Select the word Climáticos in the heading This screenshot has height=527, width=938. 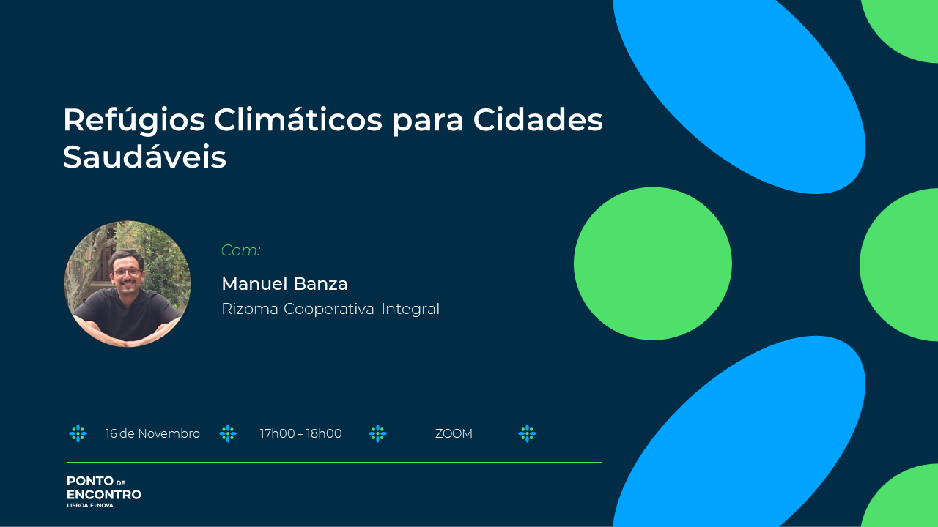pyautogui.click(x=298, y=119)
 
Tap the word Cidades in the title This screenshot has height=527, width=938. pyautogui.click(x=538, y=120)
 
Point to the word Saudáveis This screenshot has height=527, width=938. pyautogui.click(x=144, y=157)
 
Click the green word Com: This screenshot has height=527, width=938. pyautogui.click(x=241, y=250)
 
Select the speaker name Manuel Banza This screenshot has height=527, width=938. pyautogui.click(x=285, y=284)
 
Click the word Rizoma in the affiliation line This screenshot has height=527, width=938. pyautogui.click(x=250, y=309)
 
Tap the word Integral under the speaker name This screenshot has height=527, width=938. pyautogui.click(x=410, y=309)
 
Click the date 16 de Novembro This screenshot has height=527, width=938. pyautogui.click(x=152, y=434)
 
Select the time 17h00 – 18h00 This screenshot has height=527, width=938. pyautogui.click(x=300, y=434)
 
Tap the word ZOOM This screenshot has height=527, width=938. pyautogui.click(x=454, y=434)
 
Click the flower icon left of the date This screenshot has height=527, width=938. pyautogui.click(x=78, y=434)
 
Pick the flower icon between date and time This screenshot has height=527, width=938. pyautogui.click(x=228, y=434)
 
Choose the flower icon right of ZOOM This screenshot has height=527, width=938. pyautogui.click(x=527, y=434)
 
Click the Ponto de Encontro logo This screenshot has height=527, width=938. pyautogui.click(x=104, y=492)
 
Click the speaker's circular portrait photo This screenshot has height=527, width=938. pyautogui.click(x=128, y=284)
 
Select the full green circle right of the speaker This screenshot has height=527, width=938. pyautogui.click(x=653, y=263)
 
